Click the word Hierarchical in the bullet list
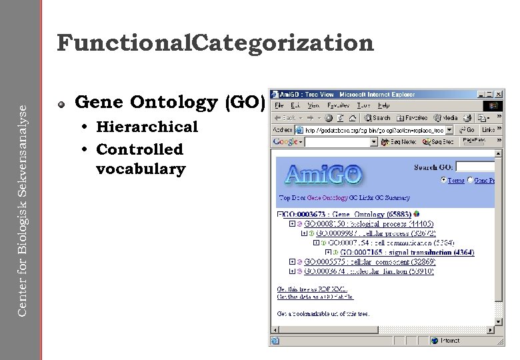[147, 127]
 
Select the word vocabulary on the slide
[141, 169]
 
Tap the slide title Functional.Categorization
[215, 43]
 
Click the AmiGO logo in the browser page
[324, 175]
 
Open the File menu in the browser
[279, 105]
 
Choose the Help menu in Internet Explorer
[383, 105]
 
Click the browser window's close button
[499, 95]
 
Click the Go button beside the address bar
[467, 130]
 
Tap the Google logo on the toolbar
[285, 142]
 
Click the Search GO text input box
[475, 167]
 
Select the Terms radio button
[444, 180]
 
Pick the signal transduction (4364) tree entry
[407, 252]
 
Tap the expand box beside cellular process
[304, 233]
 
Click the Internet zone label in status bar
[450, 341]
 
